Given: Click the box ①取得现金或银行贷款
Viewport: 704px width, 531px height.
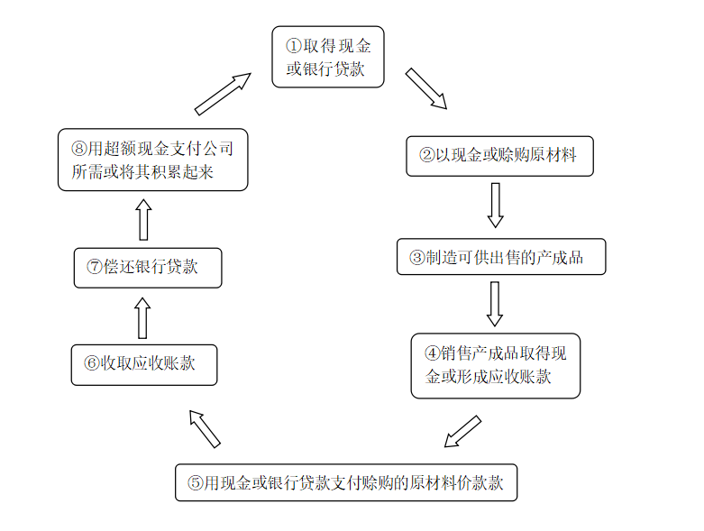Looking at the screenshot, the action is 328,57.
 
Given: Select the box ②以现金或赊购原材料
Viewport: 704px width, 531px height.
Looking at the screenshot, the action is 499,156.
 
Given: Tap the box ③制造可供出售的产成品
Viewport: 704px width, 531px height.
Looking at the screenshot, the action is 501,257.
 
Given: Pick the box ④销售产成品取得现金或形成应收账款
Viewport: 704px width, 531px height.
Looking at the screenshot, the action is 496,365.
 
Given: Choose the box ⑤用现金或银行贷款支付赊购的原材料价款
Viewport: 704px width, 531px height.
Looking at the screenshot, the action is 346,482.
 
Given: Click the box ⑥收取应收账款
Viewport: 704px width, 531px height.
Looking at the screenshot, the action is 144,365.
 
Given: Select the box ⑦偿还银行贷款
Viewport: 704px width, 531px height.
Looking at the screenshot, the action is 148,268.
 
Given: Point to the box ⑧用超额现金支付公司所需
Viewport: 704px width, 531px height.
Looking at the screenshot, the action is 152,160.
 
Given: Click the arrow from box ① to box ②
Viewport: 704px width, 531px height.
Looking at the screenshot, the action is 426,89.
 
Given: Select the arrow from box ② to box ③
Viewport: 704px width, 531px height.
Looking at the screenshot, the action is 495,206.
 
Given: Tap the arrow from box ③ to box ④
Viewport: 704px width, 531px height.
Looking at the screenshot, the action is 495,304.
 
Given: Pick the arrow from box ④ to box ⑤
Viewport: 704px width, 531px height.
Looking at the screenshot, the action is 462,431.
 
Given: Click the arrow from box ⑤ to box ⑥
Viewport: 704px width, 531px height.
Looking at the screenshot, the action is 205,429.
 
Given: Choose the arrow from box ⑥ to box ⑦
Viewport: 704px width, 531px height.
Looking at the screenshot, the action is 142,318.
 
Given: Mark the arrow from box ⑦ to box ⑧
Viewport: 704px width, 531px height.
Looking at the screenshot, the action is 143,219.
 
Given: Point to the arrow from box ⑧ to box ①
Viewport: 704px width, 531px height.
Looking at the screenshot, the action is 223,94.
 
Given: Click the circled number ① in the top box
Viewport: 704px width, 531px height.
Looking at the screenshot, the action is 294,46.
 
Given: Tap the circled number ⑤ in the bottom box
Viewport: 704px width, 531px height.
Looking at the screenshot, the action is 196,483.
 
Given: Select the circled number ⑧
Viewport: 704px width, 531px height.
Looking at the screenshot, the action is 79,149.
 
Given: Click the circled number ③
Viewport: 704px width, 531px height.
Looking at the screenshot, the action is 417,258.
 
